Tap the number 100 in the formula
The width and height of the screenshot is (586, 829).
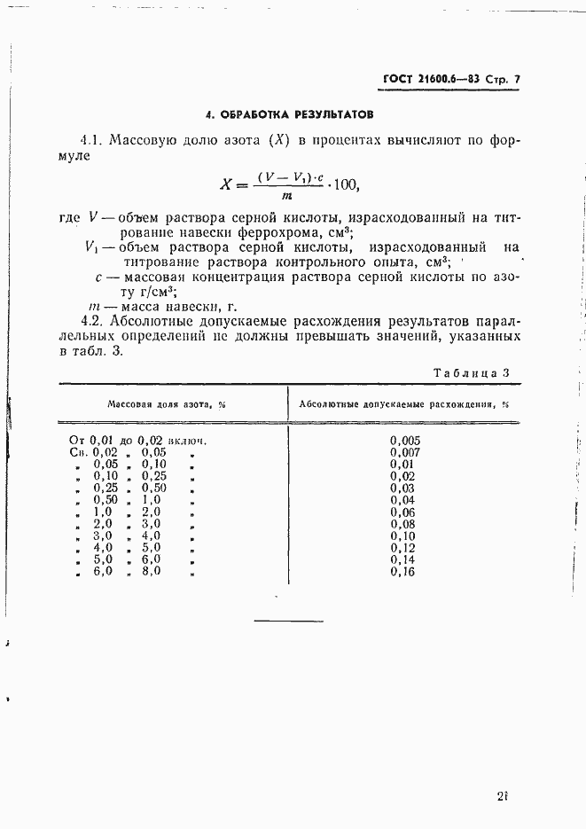347,185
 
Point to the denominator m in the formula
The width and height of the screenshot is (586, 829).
285,196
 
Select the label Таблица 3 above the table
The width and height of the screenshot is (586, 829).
471,373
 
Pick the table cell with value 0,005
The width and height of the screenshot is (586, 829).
405,440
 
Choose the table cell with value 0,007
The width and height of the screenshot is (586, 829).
405,452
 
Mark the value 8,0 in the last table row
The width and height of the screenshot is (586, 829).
152,572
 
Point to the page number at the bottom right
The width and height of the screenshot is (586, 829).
503,794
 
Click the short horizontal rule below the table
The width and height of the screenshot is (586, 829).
289,619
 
